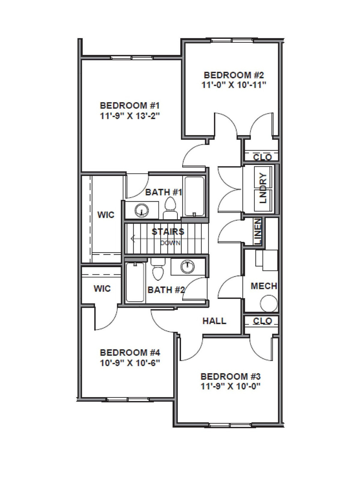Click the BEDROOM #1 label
(x=130, y=106)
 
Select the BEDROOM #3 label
(x=230, y=376)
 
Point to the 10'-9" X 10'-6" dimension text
(x=130, y=363)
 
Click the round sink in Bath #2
(x=187, y=266)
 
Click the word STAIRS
(x=168, y=232)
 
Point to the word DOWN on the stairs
(x=170, y=243)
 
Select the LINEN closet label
(x=258, y=232)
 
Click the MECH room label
(x=264, y=286)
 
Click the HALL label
(x=214, y=321)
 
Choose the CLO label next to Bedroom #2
(x=262, y=157)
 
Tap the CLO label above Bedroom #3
(x=262, y=321)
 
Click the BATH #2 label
(x=166, y=290)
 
